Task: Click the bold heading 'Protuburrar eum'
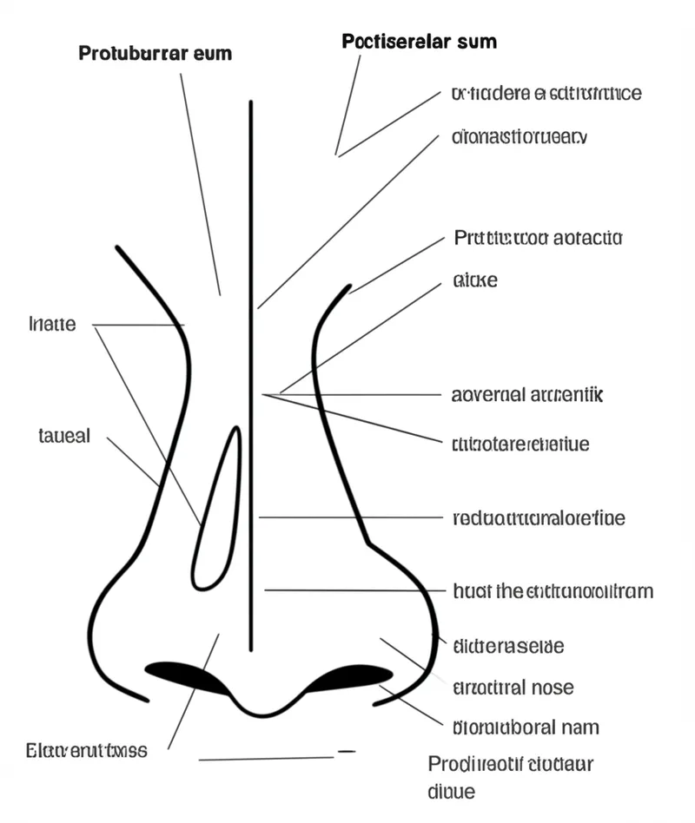(x=156, y=53)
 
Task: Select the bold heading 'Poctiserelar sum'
(x=420, y=41)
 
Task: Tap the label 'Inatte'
(x=52, y=325)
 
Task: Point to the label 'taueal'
(x=64, y=436)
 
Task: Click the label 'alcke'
(x=475, y=280)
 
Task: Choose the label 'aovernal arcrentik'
(x=527, y=395)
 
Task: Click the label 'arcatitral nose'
(x=513, y=688)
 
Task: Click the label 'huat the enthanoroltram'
(x=553, y=591)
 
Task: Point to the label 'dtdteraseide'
(x=509, y=646)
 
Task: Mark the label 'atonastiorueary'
(x=520, y=136)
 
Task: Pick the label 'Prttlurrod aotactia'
(x=538, y=237)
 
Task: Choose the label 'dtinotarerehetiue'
(x=521, y=444)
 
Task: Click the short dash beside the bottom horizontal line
(x=346, y=751)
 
